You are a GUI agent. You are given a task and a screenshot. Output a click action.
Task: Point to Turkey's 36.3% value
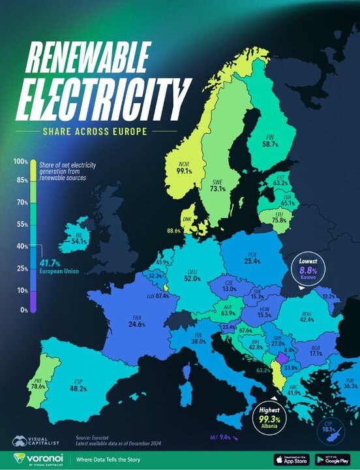[x=350, y=385]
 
